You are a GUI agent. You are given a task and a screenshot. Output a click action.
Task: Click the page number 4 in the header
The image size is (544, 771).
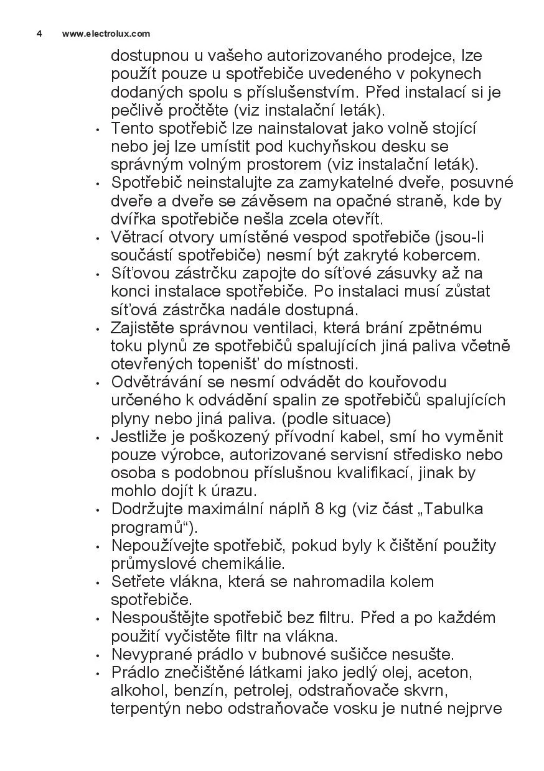pyautogui.click(x=39, y=34)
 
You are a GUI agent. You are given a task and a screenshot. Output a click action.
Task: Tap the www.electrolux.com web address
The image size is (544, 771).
pyautogui.click(x=106, y=34)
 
